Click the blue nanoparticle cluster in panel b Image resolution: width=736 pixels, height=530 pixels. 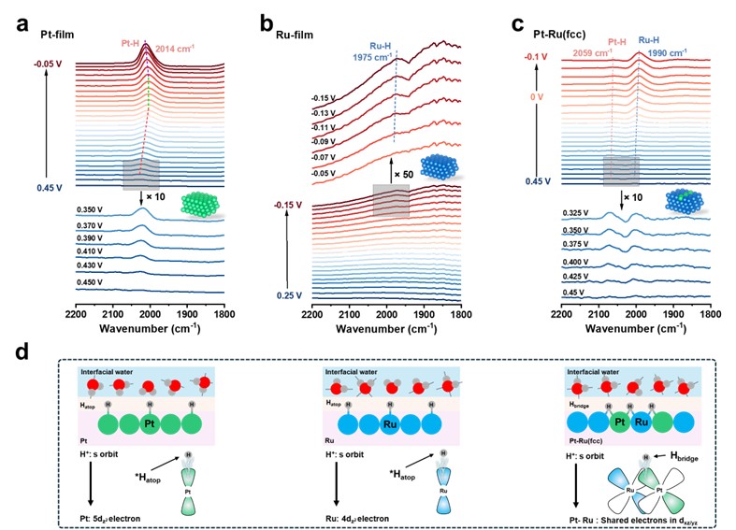(435, 166)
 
